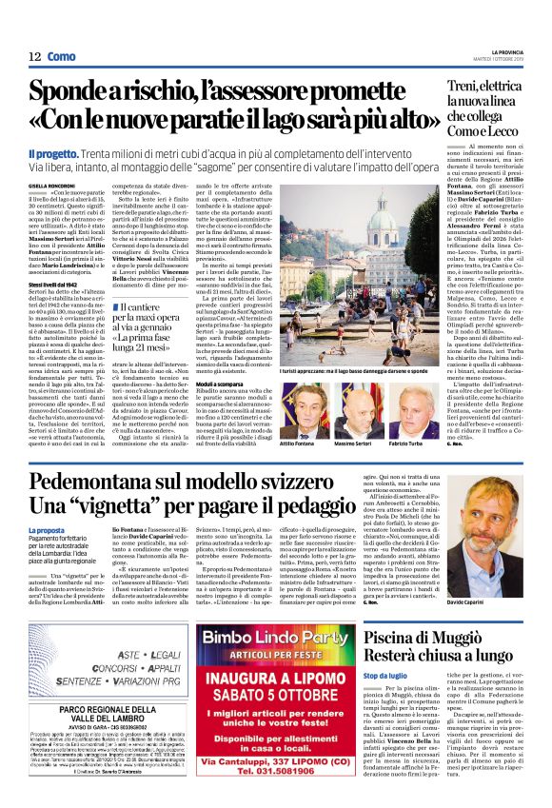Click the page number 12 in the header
pyautogui.click(x=34, y=57)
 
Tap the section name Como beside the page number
pyautogui.click(x=61, y=57)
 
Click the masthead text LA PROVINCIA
pyautogui.click(x=514, y=51)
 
